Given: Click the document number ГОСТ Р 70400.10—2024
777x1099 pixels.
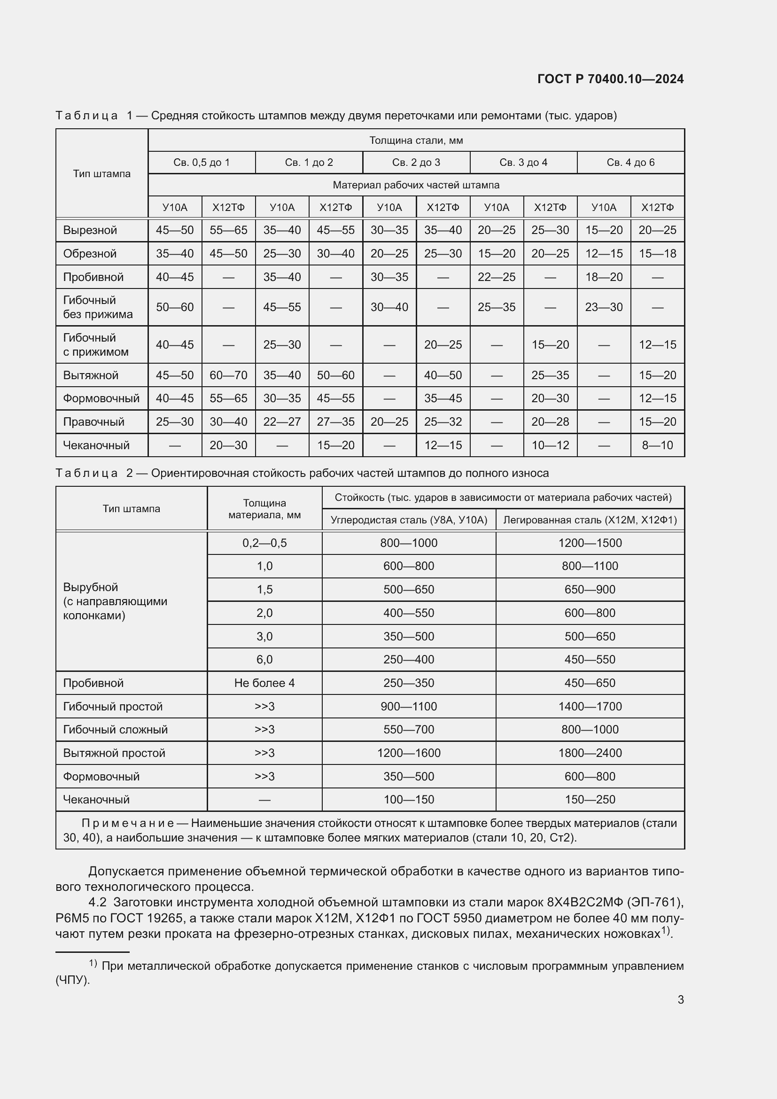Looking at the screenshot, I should (x=611, y=79).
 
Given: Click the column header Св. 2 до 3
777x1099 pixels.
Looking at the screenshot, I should (x=416, y=163).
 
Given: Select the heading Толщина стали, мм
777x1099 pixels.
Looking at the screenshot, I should (x=416, y=140).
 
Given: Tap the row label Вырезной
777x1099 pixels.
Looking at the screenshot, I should (x=90, y=230).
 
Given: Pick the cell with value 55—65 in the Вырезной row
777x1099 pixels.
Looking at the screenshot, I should (x=228, y=230).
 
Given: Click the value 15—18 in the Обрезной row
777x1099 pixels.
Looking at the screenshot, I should (x=657, y=254).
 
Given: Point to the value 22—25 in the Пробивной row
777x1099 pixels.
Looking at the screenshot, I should (x=497, y=277).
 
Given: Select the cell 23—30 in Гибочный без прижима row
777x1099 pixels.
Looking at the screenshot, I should (x=604, y=307).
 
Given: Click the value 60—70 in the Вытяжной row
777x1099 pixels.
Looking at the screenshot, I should (x=228, y=375).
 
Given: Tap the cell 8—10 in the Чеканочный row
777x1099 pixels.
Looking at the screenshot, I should (x=657, y=445).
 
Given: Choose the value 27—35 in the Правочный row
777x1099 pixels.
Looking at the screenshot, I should (x=335, y=421).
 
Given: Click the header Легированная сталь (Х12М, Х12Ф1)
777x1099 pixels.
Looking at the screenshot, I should (x=590, y=520).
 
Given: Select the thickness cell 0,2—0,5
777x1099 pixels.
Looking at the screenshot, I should (x=264, y=543).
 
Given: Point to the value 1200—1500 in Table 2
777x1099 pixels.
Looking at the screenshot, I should (x=590, y=543).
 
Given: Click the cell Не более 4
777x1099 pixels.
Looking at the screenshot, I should (x=264, y=683).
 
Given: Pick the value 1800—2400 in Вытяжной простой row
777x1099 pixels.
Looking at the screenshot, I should (x=590, y=753).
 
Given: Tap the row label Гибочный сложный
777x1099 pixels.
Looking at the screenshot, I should (x=115, y=730).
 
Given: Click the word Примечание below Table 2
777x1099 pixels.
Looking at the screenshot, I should (x=127, y=823).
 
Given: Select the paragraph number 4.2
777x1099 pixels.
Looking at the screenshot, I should (x=97, y=902).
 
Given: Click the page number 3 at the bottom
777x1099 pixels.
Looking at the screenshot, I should (x=680, y=1000).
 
